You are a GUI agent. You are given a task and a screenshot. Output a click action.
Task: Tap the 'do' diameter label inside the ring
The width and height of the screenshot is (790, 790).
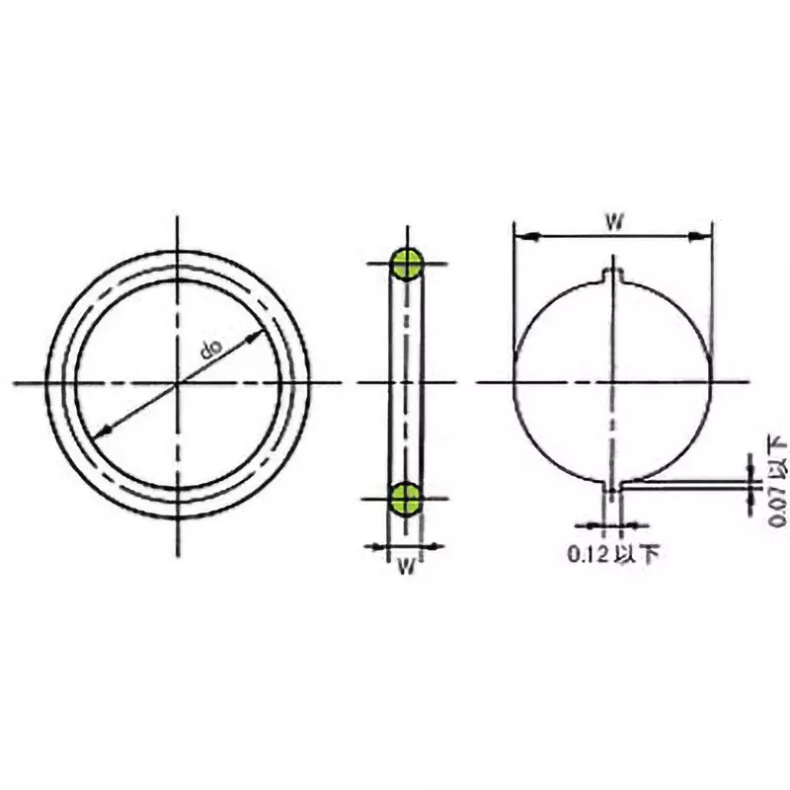coord(210,348)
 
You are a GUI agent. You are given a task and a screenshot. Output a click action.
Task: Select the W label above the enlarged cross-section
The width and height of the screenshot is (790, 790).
coord(612,221)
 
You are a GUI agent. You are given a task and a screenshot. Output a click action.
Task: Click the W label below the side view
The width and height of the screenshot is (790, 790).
coord(404,567)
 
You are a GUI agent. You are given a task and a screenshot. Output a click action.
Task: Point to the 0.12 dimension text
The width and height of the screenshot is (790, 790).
coord(589,554)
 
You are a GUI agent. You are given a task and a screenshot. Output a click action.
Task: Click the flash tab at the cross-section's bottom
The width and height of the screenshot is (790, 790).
coord(612,487)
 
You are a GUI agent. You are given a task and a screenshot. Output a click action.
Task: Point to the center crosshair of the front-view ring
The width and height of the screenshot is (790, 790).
coord(178,382)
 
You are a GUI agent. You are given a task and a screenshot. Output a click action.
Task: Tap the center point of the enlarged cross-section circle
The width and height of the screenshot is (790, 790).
coord(612,382)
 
